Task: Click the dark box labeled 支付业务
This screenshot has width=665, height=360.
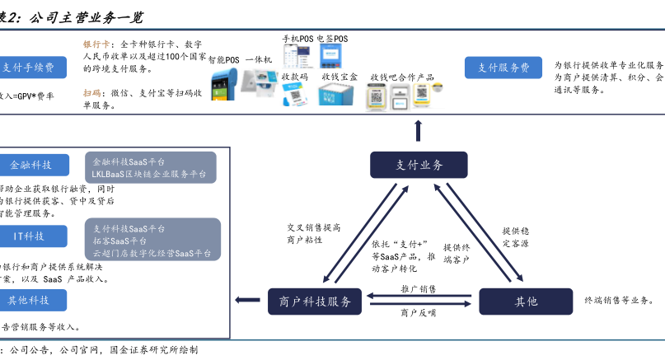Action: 418,166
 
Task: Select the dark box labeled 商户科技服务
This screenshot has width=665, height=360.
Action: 315,302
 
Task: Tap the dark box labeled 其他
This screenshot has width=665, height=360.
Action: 526,302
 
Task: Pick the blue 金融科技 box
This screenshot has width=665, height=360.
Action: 31,165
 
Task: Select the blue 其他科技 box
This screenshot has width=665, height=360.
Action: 30,299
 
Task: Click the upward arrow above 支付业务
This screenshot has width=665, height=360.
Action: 418,130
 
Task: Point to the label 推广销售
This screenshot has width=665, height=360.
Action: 419,289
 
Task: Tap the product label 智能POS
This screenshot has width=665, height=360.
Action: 223,60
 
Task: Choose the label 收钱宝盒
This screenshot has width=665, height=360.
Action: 340,77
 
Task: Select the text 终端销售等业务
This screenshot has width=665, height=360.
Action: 624,301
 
